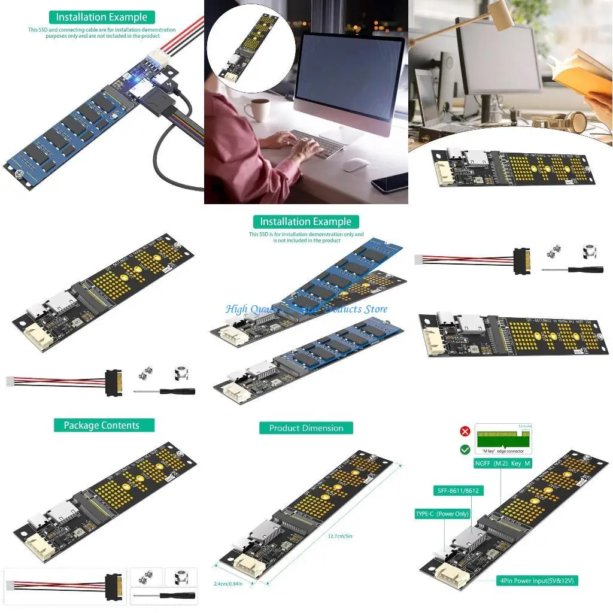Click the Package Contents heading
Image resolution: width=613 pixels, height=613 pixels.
coord(101,426)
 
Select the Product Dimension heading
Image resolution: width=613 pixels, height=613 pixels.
coord(306,428)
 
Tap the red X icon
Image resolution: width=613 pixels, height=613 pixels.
coord(465,431)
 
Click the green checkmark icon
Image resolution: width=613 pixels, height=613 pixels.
coord(465,449)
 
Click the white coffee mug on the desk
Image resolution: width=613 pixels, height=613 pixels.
coord(260,110)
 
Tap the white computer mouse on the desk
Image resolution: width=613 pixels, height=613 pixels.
coord(356,165)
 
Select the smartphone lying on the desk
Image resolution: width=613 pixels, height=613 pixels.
coord(390,182)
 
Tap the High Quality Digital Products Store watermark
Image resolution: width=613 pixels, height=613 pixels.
coord(306,309)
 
